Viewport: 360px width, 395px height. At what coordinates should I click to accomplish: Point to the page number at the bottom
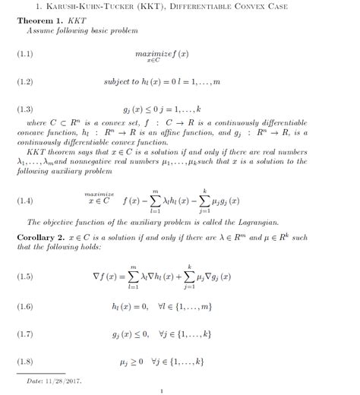[162, 391]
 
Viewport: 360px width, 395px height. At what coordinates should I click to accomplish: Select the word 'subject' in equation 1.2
[118, 81]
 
